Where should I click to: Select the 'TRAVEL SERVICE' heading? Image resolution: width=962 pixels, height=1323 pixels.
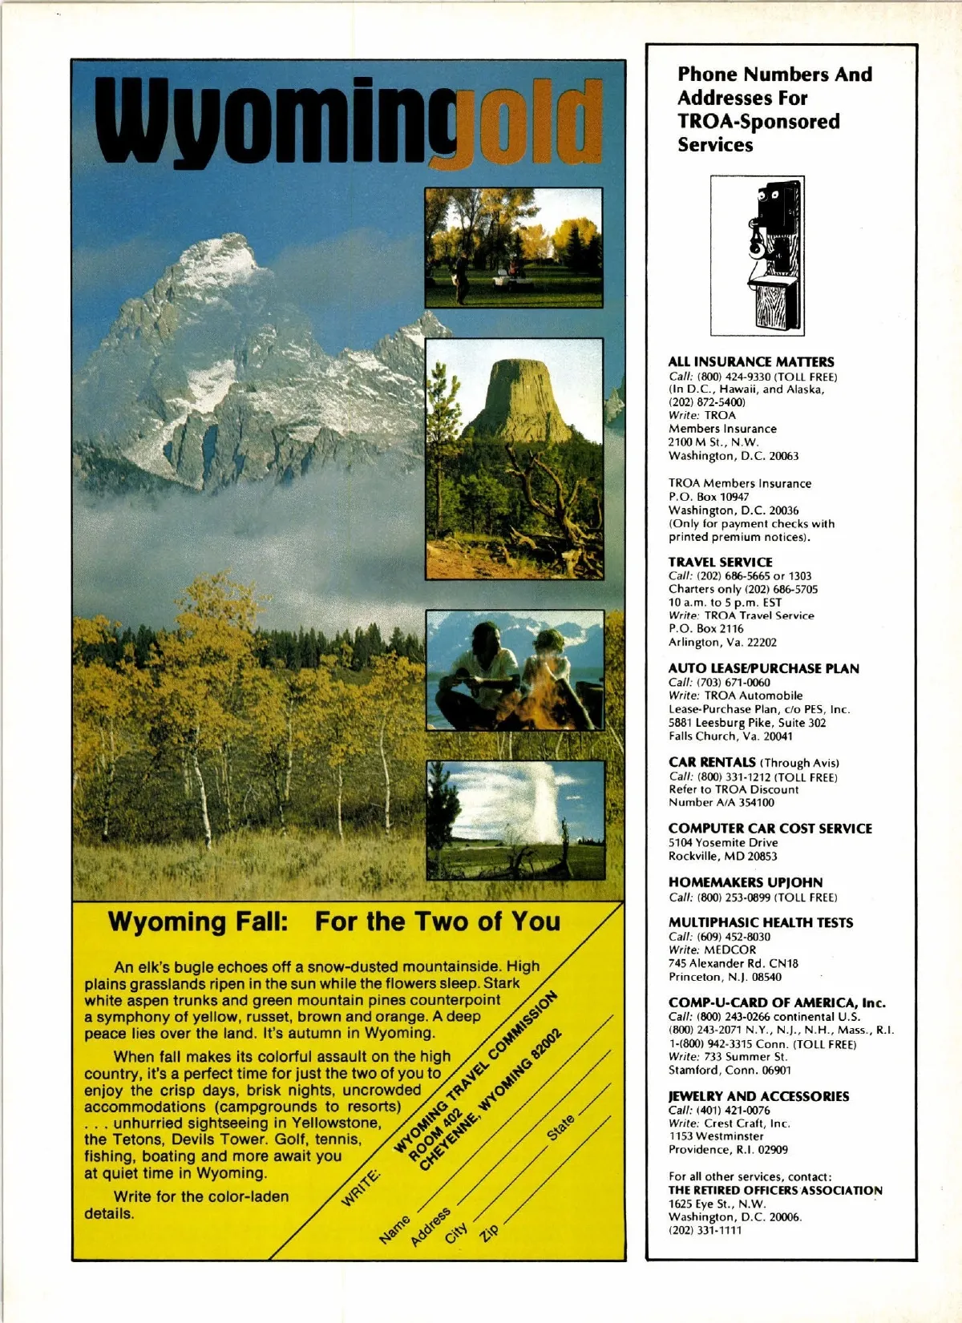(721, 563)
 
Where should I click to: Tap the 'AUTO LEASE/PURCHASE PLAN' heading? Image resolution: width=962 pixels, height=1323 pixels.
(763, 668)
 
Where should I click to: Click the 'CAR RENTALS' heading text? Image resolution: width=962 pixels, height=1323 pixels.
(712, 762)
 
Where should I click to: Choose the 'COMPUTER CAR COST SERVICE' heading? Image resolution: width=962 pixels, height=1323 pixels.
(770, 829)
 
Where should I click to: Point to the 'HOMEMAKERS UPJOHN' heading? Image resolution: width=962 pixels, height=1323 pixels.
(746, 882)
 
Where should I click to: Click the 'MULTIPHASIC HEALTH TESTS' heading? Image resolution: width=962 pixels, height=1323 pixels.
(761, 923)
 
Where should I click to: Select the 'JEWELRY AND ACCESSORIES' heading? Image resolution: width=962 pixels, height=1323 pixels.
(758, 1096)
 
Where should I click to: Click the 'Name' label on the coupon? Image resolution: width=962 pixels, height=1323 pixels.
(395, 1229)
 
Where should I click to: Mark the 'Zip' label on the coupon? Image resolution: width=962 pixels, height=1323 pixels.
(489, 1232)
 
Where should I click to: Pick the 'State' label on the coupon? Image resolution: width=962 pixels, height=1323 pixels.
(560, 1127)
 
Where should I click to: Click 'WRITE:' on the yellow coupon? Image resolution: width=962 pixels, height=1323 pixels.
(361, 1188)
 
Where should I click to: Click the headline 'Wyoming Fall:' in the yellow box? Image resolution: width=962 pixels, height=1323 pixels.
(197, 922)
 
